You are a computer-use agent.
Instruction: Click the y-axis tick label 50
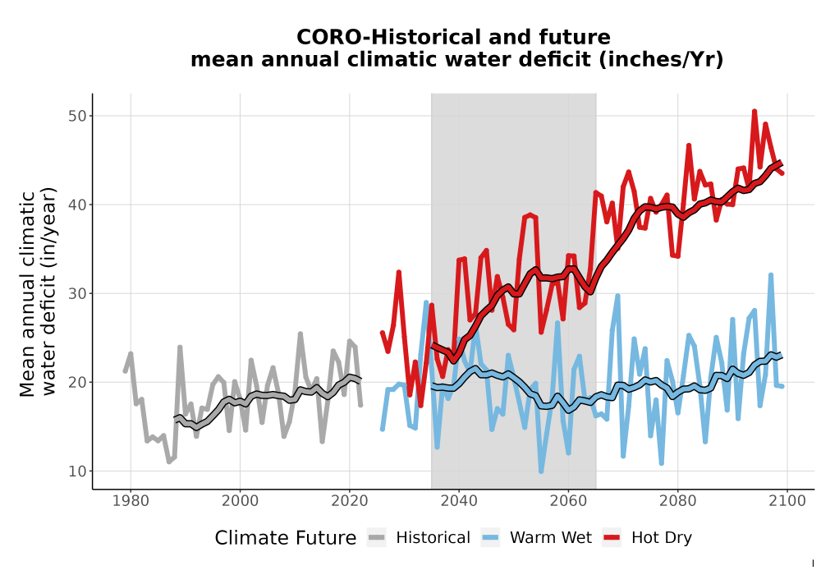pyautogui.click(x=77, y=116)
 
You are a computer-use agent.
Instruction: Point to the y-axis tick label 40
pyautogui.click(x=77, y=205)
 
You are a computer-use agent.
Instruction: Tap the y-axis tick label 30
pyautogui.click(x=77, y=293)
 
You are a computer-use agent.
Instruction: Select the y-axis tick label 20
pyautogui.click(x=77, y=382)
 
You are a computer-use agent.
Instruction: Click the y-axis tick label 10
pyautogui.click(x=77, y=471)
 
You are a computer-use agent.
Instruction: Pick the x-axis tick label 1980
pyautogui.click(x=131, y=501)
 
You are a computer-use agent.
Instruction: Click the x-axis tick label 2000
pyautogui.click(x=240, y=501)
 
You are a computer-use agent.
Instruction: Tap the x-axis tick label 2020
pyautogui.click(x=349, y=501)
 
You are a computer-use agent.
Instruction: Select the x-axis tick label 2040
pyautogui.click(x=459, y=501)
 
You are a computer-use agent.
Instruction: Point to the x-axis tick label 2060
pyautogui.click(x=568, y=501)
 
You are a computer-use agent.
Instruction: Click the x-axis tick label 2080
pyautogui.click(x=677, y=501)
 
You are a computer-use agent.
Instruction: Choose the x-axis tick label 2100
pyautogui.click(x=787, y=501)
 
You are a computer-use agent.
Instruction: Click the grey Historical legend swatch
pyautogui.click(x=377, y=538)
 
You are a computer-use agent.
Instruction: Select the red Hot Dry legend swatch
pyautogui.click(x=612, y=538)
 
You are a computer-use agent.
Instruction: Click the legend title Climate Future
pyautogui.click(x=286, y=538)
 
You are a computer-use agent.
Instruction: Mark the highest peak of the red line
pyautogui.click(x=754, y=111)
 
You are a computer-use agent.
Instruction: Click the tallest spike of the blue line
pyautogui.click(x=771, y=275)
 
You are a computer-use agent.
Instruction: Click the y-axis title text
pyautogui.click(x=37, y=292)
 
